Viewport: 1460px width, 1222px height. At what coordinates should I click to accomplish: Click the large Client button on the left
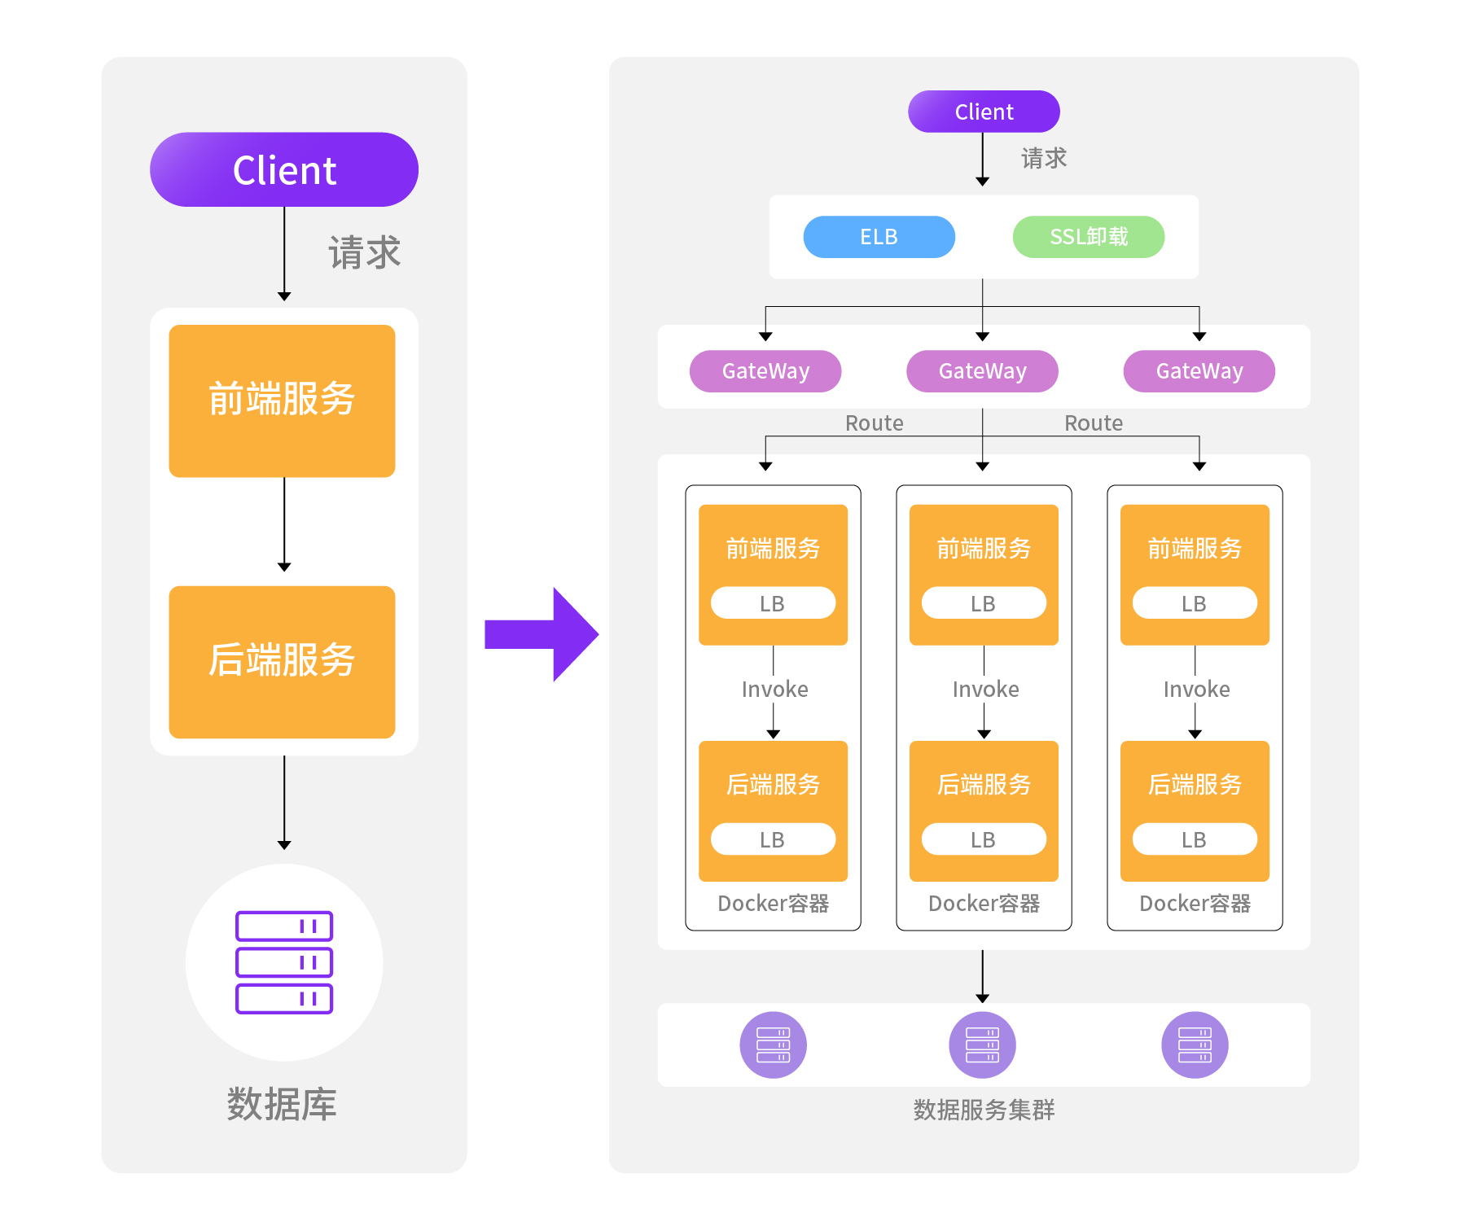click(283, 169)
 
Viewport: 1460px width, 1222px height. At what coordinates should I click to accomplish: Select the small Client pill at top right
click(983, 112)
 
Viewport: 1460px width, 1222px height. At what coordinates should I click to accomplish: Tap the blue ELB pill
click(879, 237)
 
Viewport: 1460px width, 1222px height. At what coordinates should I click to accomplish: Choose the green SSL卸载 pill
click(1088, 237)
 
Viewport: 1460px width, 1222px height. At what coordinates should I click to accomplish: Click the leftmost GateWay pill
click(765, 371)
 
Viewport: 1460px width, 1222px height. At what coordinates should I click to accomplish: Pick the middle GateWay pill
click(982, 371)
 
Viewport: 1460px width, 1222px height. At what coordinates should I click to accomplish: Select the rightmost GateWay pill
click(1199, 371)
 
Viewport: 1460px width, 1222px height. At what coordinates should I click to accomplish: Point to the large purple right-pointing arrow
click(542, 634)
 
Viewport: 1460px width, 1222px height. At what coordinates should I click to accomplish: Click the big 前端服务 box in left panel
click(282, 401)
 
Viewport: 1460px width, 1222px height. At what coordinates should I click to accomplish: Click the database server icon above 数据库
click(284, 962)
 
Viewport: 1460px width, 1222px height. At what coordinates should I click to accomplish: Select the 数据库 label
click(282, 1105)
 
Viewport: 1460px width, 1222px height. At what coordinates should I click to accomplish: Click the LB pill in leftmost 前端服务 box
click(773, 603)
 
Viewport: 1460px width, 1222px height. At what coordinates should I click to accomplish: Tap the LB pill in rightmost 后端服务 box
click(1195, 839)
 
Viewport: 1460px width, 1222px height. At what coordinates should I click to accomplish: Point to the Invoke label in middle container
click(985, 690)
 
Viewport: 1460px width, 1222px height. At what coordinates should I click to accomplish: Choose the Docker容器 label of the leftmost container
click(773, 904)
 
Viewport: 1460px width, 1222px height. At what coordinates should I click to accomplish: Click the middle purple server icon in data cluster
click(982, 1045)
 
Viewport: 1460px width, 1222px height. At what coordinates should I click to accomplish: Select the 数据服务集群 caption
click(984, 1110)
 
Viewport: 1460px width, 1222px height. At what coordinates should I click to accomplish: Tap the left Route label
click(874, 423)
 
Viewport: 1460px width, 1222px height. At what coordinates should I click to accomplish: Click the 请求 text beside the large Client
click(364, 252)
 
